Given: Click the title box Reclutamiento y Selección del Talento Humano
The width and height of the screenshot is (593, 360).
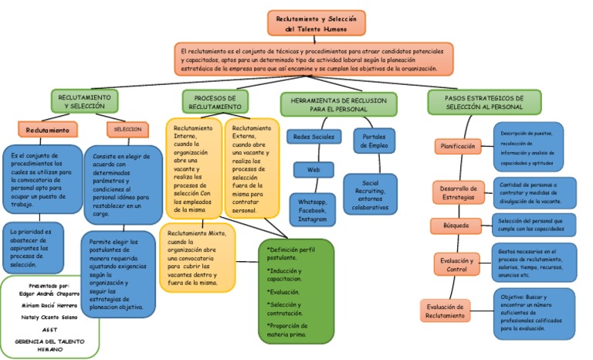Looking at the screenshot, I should tap(317, 23).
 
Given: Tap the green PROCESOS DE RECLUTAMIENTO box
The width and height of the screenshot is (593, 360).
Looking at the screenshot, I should tap(215, 102).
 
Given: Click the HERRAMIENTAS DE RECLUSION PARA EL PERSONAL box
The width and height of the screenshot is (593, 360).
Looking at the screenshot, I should tap(338, 104).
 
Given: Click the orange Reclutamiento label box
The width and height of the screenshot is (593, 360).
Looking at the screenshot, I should tap(48, 130).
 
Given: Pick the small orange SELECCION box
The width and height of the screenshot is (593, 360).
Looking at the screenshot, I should tap(127, 129).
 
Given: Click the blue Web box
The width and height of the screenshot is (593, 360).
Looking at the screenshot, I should tap(313, 169).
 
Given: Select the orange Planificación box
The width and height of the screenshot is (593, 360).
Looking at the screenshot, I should tap(458, 145).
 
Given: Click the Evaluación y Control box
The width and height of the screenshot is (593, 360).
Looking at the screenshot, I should tap(457, 265).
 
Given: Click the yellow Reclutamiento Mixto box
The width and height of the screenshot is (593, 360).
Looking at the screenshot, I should tap(196, 257).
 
